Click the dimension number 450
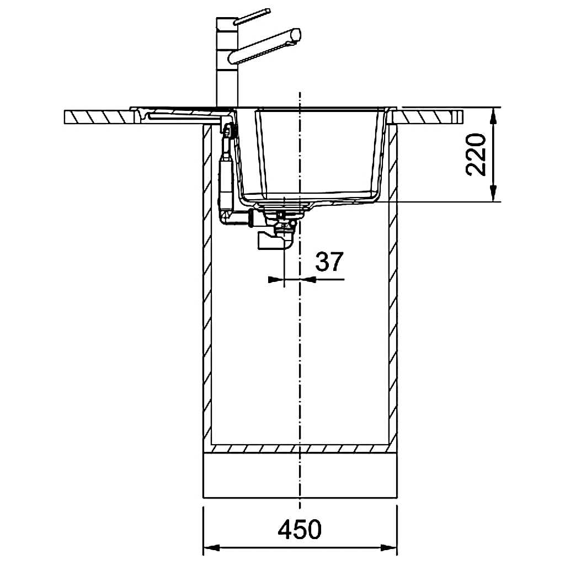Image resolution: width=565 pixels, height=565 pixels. tap(299, 530)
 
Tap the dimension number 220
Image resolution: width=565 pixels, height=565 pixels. tap(475, 154)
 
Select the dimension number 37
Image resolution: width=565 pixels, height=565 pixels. tap(329, 262)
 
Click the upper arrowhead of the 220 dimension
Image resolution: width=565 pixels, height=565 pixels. tap(493, 114)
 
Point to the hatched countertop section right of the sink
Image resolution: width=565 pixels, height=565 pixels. tap(425, 117)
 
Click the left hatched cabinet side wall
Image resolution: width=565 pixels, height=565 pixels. tap(208, 287)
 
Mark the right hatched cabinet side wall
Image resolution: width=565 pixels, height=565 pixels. tap(393, 287)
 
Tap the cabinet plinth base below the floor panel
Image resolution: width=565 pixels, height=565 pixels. tap(300, 480)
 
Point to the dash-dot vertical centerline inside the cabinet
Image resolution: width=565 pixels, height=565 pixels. tap(300, 359)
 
